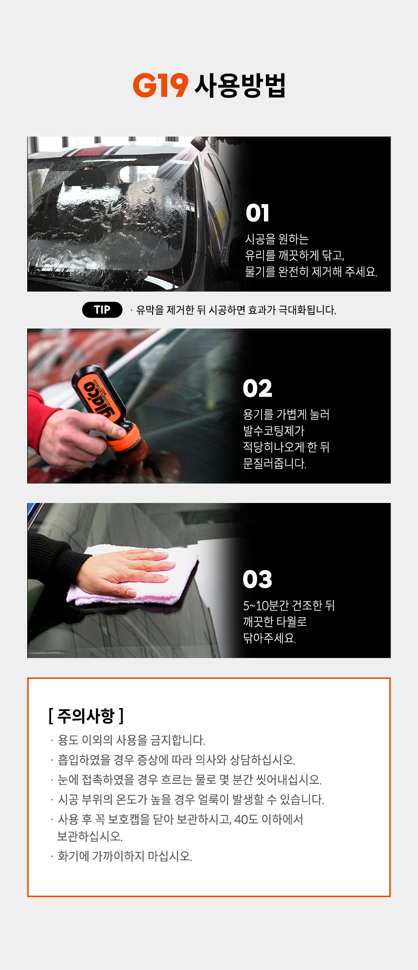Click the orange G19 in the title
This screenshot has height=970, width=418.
click(160, 86)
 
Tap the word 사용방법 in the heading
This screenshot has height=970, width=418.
click(240, 86)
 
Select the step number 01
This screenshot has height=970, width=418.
click(257, 213)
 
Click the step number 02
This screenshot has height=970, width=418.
click(258, 388)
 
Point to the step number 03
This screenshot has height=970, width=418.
click(258, 579)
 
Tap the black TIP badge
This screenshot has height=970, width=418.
click(102, 310)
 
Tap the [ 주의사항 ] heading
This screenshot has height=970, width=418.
click(86, 715)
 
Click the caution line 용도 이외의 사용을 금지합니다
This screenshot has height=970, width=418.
click(131, 740)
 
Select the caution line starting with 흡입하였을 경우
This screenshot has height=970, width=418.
click(176, 760)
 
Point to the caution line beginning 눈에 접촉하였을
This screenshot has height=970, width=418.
click(190, 779)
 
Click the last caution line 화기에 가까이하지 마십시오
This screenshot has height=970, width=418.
click(125, 856)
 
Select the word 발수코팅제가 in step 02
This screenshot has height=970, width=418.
click(274, 431)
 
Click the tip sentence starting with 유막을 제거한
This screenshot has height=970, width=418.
click(236, 310)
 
